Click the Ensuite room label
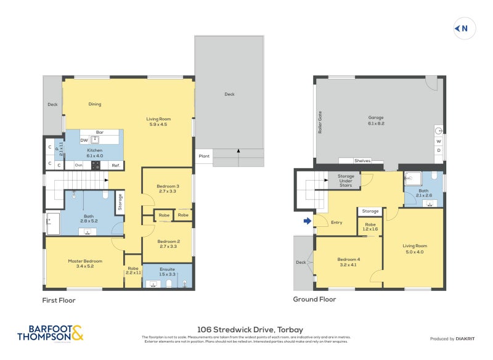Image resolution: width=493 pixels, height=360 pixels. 168,270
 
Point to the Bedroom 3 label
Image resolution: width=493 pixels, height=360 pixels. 168,189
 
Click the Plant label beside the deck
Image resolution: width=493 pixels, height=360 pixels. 204,157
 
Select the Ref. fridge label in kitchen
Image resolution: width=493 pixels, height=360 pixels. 115,165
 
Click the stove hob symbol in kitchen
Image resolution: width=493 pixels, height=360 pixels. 96,165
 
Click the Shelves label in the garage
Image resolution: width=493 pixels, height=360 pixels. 362,161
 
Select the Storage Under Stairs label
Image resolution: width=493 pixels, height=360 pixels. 346,180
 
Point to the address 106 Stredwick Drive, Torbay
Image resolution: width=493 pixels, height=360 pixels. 246,330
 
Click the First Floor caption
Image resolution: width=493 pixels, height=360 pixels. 59,300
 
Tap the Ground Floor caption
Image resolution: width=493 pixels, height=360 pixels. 314,300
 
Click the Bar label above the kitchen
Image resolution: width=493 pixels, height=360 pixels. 100,132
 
